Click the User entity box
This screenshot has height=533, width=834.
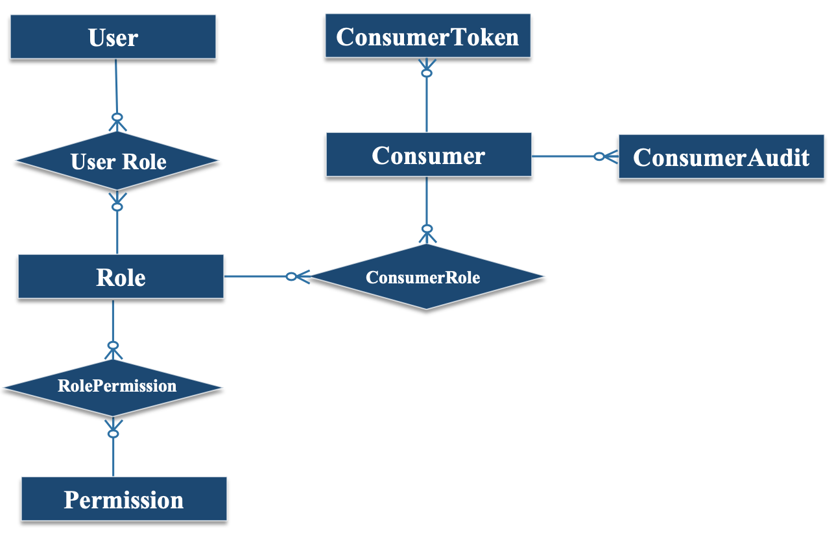pyautogui.click(x=113, y=37)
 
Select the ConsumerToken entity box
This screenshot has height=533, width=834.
pyautogui.click(x=428, y=36)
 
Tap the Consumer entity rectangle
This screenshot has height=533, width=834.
pyautogui.click(x=429, y=154)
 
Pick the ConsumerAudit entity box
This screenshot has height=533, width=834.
pyautogui.click(x=721, y=157)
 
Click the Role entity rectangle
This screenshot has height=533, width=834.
pyautogui.click(x=121, y=276)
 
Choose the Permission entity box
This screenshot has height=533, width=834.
pyautogui.click(x=124, y=499)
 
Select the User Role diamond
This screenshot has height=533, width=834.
pyautogui.click(x=117, y=161)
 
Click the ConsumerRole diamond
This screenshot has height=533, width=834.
pyautogui.click(x=426, y=276)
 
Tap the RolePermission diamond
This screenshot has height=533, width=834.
pyautogui.click(x=113, y=388)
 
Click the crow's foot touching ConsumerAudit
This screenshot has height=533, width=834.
pyautogui.click(x=606, y=156)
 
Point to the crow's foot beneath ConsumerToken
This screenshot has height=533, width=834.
pyautogui.click(x=427, y=67)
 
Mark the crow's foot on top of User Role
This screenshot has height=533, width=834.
pyautogui.click(x=117, y=123)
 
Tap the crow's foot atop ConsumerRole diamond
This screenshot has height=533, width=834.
pyautogui.click(x=427, y=234)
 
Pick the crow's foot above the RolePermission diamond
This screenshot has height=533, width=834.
pyautogui.click(x=113, y=350)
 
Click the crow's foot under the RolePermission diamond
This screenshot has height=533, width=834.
pyautogui.click(x=113, y=428)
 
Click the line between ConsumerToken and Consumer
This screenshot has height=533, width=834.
pyautogui.click(x=427, y=104)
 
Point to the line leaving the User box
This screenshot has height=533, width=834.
pyautogui.click(x=116, y=86)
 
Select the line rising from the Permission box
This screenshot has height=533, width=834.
pyautogui.click(x=113, y=457)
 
